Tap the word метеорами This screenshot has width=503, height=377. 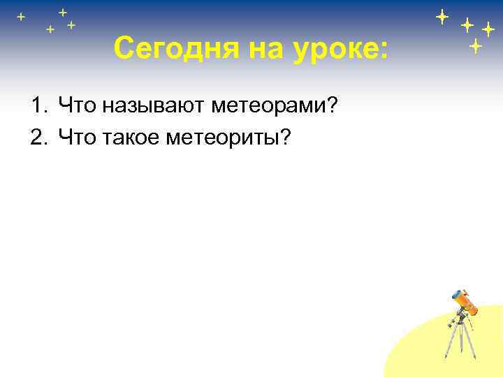[x=268, y=106]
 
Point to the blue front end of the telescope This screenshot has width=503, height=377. [x=458, y=295]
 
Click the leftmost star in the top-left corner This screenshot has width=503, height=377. [x=21, y=16]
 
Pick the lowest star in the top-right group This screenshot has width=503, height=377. [x=475, y=47]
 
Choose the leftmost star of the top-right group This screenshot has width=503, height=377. [x=442, y=16]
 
